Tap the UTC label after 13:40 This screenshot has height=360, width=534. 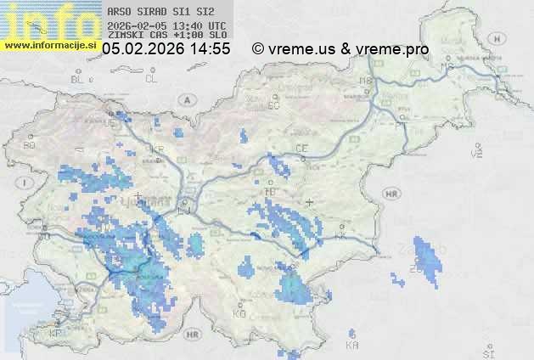(x=216, y=25)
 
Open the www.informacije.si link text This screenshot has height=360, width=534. (x=51, y=45)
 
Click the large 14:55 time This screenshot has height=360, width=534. (x=209, y=49)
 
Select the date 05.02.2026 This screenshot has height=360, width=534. (x=143, y=49)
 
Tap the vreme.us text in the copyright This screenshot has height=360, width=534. (x=302, y=49)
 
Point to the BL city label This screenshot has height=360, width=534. (x=79, y=79)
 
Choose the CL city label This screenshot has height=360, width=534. (x=151, y=79)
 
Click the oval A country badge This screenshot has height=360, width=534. (x=186, y=99)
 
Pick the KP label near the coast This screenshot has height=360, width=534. (x=56, y=334)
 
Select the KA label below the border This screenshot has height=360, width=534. (x=352, y=345)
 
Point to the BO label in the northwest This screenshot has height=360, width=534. (x=30, y=145)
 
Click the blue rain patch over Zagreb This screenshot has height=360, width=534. (x=427, y=263)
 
